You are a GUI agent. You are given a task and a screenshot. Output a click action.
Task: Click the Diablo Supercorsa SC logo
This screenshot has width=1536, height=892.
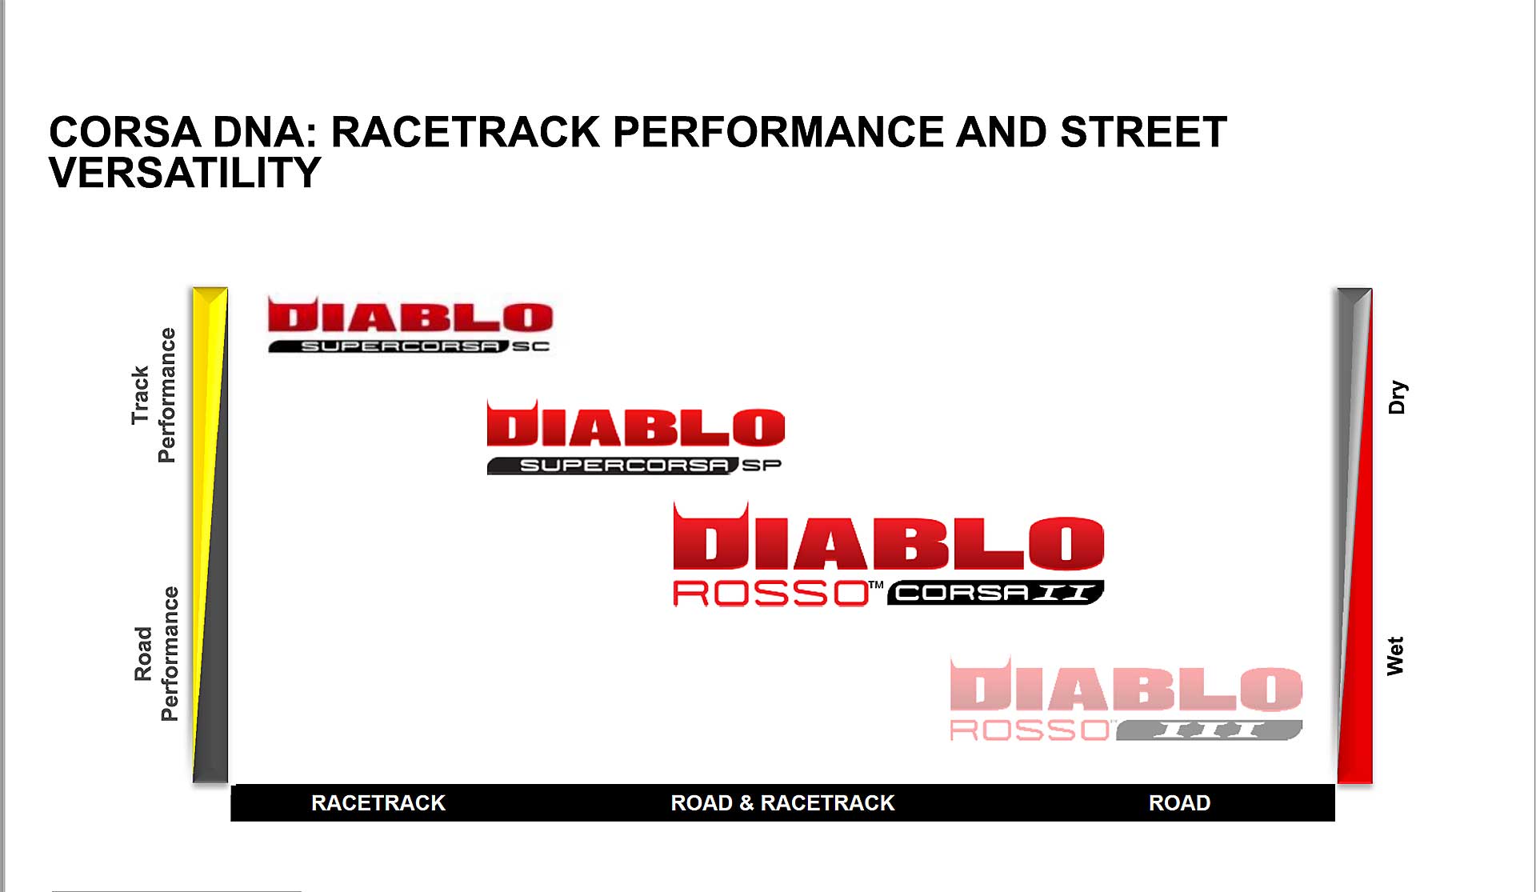[410, 325]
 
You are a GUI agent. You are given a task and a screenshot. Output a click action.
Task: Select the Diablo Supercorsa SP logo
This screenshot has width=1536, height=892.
[635, 437]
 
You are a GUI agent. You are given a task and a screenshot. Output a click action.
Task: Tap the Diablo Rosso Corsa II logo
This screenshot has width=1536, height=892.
[889, 554]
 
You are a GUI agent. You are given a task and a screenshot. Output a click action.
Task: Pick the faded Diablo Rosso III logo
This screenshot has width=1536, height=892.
[1126, 698]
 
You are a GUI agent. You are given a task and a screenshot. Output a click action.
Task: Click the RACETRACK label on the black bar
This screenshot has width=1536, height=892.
[378, 802]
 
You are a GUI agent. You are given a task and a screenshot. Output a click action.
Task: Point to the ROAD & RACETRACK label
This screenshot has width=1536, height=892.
[782, 802]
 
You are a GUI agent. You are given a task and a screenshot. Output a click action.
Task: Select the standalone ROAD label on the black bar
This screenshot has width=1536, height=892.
[1179, 802]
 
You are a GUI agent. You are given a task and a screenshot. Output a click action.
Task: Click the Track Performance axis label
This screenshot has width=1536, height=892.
[153, 395]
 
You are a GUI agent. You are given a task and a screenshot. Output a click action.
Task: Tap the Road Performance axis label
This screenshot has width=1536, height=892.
[156, 654]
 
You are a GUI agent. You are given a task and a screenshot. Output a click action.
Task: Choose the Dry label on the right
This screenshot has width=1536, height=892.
[1397, 397]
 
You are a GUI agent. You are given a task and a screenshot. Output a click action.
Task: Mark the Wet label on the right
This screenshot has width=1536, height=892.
[1395, 656]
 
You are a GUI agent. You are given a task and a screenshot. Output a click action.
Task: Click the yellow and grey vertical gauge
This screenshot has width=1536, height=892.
[210, 534]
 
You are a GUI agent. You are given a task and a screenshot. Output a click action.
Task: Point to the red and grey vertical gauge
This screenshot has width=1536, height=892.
[1354, 535]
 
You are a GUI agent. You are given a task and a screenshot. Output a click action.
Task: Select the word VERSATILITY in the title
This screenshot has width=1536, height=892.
[185, 173]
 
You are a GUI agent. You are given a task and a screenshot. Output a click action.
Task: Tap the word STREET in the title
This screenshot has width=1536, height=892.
[1143, 132]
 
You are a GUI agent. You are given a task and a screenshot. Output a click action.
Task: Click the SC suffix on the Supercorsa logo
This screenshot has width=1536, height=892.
[531, 346]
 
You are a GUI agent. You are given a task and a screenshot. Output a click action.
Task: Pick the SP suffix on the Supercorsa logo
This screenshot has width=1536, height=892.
[762, 465]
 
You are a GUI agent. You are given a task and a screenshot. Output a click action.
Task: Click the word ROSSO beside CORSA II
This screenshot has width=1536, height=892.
[771, 594]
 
